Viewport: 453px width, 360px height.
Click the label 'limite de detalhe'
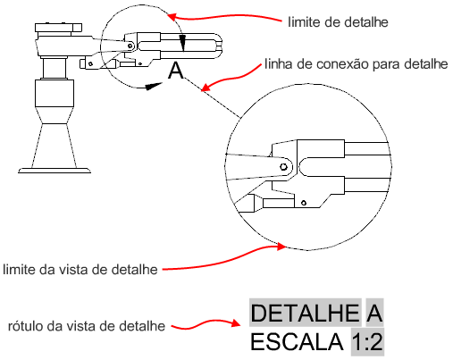coord(338,22)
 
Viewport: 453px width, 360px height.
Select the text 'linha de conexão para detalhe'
coord(357,64)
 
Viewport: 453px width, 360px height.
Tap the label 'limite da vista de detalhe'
coord(80,270)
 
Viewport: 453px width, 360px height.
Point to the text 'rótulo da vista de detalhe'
coord(87,326)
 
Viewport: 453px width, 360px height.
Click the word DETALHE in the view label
coord(305,313)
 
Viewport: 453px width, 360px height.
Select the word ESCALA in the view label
coord(297,342)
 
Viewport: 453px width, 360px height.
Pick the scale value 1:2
coord(367,342)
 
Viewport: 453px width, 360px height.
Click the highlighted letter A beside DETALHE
coord(374,313)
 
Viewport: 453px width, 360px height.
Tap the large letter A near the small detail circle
coord(176,71)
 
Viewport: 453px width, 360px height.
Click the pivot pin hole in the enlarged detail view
coord(283,167)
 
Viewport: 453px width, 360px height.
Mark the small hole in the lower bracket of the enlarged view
coord(304,203)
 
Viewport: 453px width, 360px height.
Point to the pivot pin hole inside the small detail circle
coord(130,46)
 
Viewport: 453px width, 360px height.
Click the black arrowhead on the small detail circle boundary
coord(154,86)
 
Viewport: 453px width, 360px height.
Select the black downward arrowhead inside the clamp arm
coord(183,44)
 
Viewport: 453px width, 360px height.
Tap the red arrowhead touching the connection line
coord(206,87)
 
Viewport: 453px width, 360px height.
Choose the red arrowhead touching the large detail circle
coord(281,247)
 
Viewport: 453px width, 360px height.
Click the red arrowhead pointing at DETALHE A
coord(235,323)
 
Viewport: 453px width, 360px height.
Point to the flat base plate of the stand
coord(55,171)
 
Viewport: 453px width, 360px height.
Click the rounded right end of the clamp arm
coord(218,46)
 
